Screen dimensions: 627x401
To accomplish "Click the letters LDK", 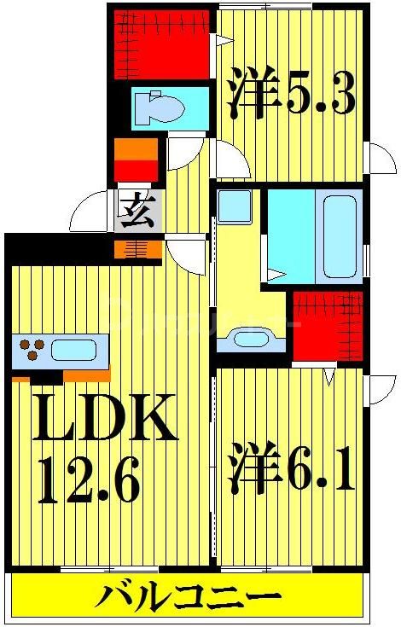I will (x=104, y=418).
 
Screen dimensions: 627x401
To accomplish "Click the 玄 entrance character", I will (x=137, y=209).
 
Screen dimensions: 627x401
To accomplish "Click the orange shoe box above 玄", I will (x=136, y=160).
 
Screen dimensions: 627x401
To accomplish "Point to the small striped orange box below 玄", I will (x=137, y=250).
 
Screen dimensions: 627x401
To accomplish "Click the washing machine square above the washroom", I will (x=234, y=207).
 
